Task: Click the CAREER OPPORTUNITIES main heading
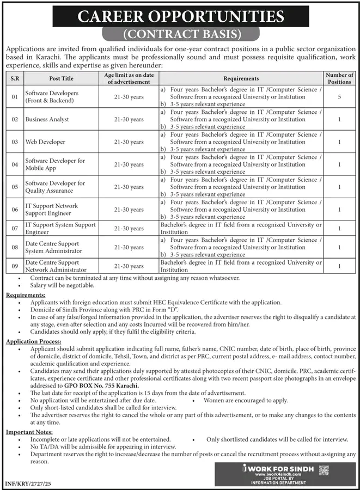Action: (x=180, y=16)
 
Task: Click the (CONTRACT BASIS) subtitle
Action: (x=180, y=35)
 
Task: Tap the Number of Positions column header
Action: (x=339, y=78)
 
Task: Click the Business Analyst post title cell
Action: (x=47, y=119)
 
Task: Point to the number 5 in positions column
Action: (x=339, y=96)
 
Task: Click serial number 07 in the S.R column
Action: (x=14, y=228)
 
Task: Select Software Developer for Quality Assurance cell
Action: (x=55, y=187)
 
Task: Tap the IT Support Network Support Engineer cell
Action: (x=52, y=210)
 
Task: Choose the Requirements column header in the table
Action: (x=241, y=78)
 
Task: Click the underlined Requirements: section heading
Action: (x=25, y=295)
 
